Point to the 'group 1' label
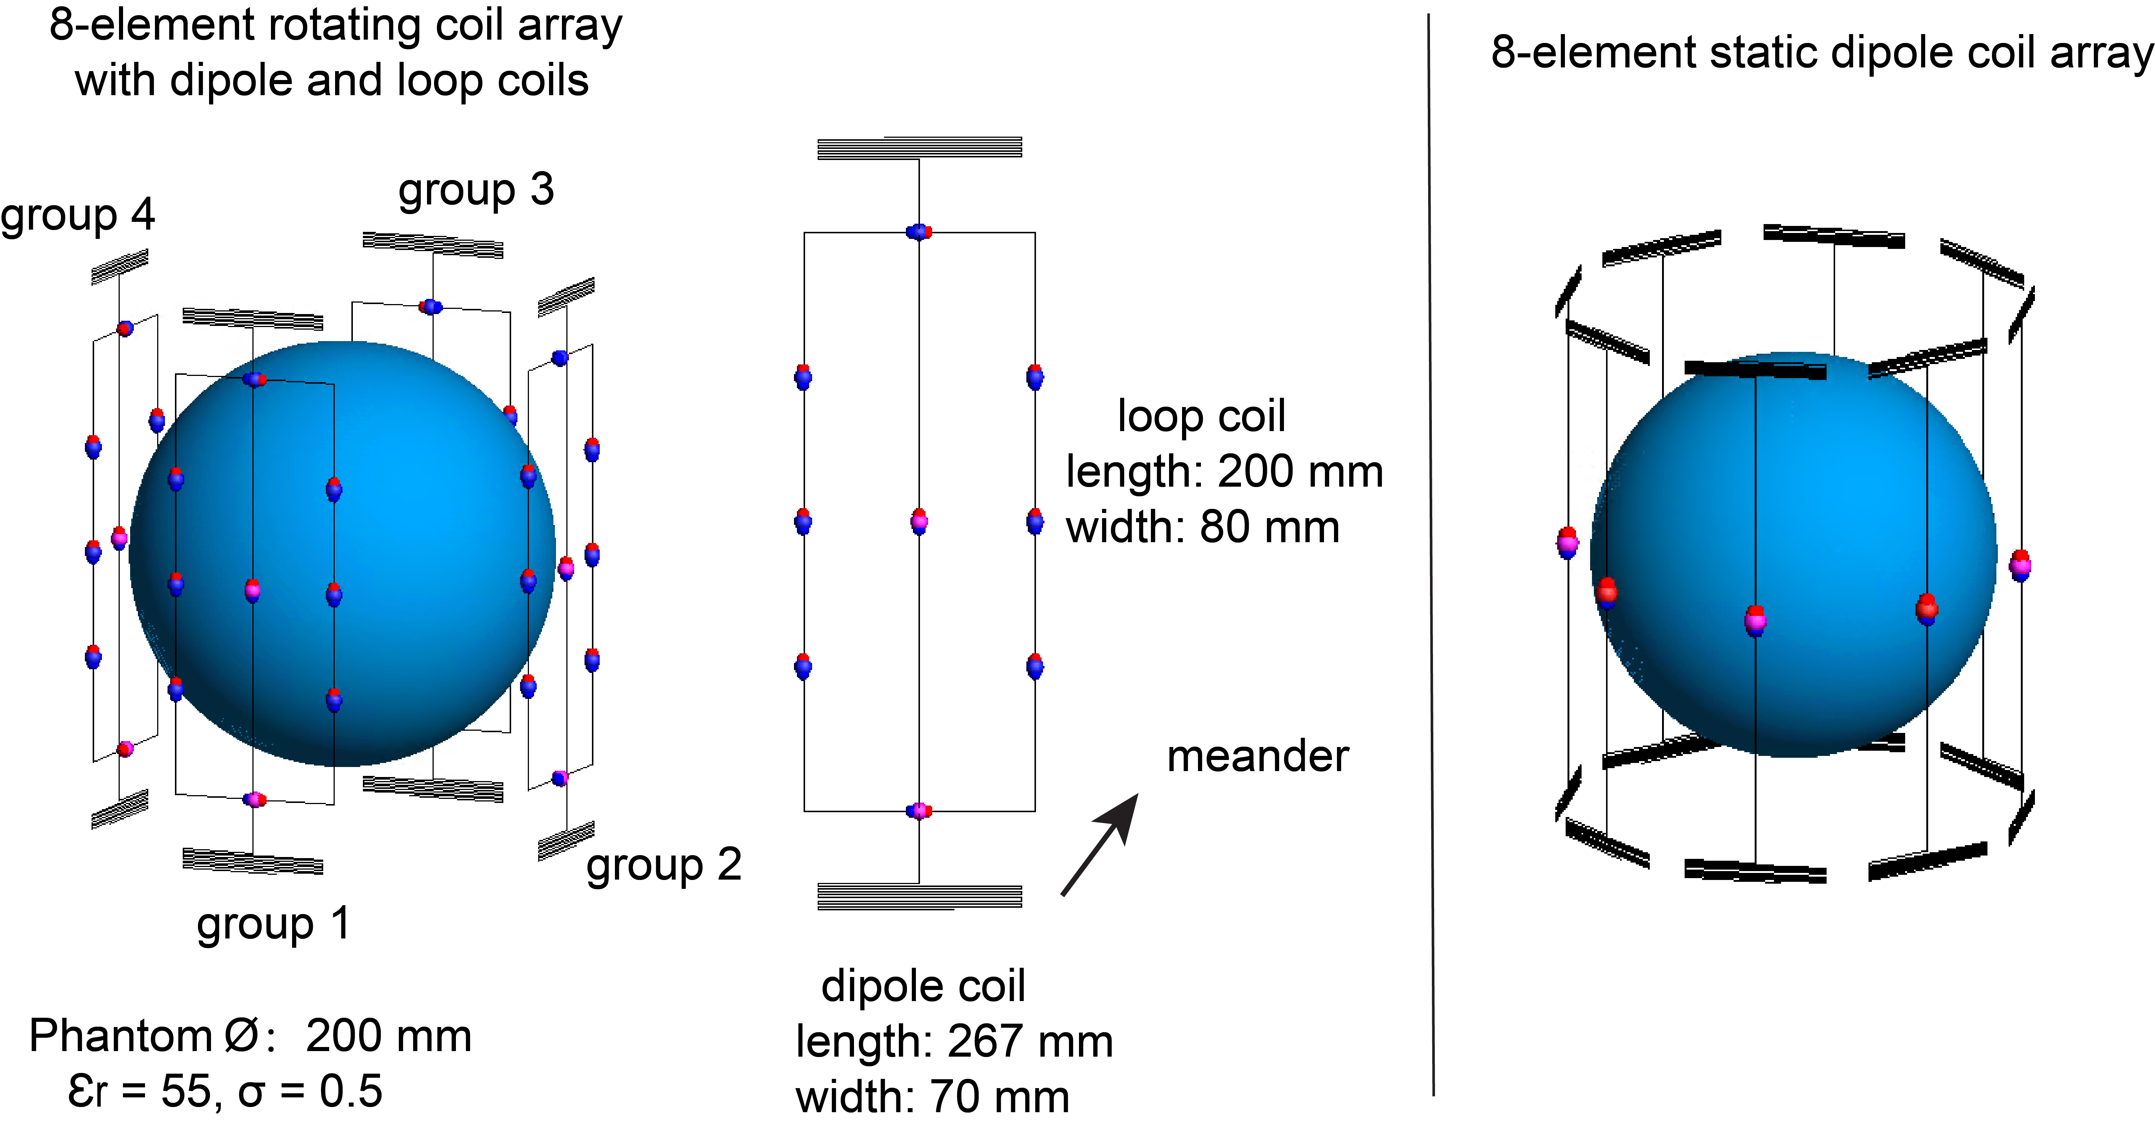tap(274, 924)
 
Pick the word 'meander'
tap(1257, 757)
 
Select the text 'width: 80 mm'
tap(1202, 527)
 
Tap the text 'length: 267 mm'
tap(954, 1042)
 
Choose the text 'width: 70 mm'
tap(932, 1097)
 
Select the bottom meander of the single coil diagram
tap(919, 896)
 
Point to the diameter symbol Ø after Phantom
tap(241, 1037)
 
